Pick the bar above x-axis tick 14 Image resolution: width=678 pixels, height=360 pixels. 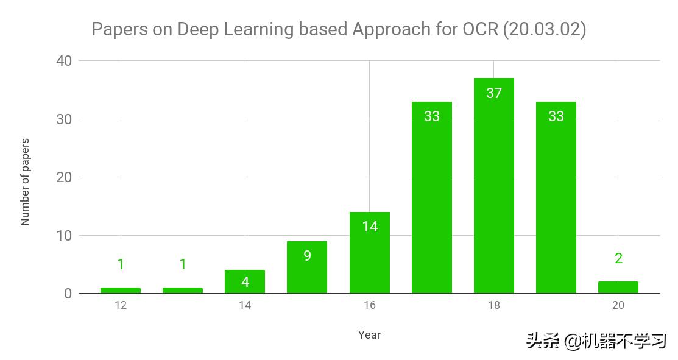245,282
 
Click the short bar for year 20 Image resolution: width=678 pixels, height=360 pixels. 618,288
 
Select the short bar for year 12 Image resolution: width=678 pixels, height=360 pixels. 121,290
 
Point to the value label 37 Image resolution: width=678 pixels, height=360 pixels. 493,93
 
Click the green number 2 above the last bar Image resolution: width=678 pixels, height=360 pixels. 618,258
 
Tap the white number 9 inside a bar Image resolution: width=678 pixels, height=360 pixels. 307,256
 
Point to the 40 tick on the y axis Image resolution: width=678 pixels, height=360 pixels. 64,61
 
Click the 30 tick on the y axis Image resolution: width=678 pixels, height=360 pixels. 64,119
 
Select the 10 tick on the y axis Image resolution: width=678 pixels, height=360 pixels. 64,236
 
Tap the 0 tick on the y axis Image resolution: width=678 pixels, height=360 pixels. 68,294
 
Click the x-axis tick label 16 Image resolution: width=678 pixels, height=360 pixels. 369,305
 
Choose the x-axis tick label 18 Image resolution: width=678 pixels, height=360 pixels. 493,305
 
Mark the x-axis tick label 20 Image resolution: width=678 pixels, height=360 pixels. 618,305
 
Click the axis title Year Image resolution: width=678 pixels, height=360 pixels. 369,334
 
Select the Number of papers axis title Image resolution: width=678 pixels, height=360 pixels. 25,182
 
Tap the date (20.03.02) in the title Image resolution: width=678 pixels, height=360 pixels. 544,29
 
